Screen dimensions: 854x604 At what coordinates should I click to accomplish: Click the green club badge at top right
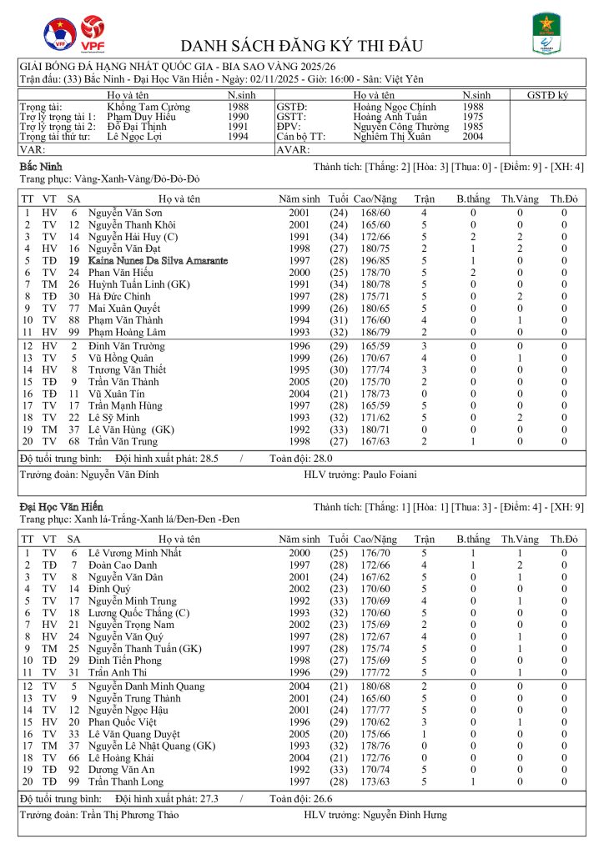[x=546, y=35]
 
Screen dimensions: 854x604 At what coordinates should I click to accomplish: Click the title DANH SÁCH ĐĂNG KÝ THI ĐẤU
[x=302, y=45]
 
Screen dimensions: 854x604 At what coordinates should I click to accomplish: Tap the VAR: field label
[x=32, y=150]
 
